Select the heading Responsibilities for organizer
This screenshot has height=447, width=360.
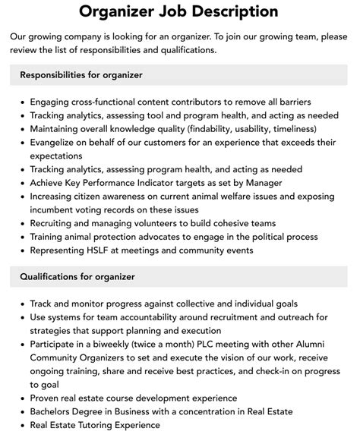(x=81, y=75)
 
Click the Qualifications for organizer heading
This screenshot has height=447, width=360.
(x=77, y=277)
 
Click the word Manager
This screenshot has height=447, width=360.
(x=262, y=182)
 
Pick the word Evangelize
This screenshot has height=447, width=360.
(x=57, y=142)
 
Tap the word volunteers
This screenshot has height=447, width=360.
(x=159, y=223)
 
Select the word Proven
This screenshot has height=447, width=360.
(x=47, y=398)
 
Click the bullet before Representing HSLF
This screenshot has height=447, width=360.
(x=23, y=250)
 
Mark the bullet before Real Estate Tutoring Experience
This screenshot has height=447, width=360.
(x=23, y=426)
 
